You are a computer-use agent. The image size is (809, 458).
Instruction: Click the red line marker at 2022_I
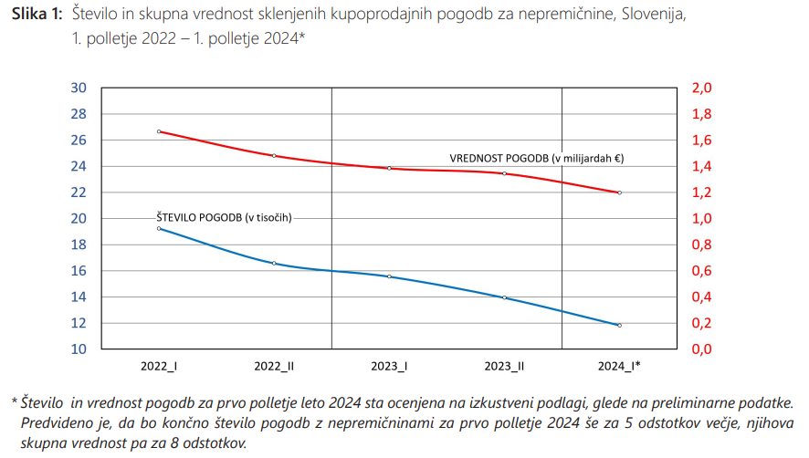(159, 131)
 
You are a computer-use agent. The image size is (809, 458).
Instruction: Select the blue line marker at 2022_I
(159, 228)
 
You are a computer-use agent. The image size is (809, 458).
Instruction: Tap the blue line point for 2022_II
(274, 264)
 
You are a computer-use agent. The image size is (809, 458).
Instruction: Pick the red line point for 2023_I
(389, 168)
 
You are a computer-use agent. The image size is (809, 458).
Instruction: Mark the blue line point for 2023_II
(504, 297)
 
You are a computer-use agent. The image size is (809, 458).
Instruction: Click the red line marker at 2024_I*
(619, 193)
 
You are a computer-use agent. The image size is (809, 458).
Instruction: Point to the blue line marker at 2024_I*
(619, 326)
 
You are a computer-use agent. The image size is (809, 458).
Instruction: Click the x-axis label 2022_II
(274, 366)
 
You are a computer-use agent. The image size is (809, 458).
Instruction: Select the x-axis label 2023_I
(389, 366)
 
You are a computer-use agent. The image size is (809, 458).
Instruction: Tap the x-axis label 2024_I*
(619, 366)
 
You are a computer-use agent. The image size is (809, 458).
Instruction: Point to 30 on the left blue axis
(78, 88)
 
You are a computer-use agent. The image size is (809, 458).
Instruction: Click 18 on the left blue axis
(78, 245)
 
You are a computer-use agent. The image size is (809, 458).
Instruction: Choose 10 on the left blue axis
(78, 349)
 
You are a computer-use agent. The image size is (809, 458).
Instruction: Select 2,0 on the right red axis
(701, 88)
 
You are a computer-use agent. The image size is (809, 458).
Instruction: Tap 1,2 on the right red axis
(701, 193)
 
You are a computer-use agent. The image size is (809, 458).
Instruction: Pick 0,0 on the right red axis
(701, 349)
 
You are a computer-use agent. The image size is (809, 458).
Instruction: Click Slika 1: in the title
(36, 16)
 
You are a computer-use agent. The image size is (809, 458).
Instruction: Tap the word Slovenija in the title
(653, 16)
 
